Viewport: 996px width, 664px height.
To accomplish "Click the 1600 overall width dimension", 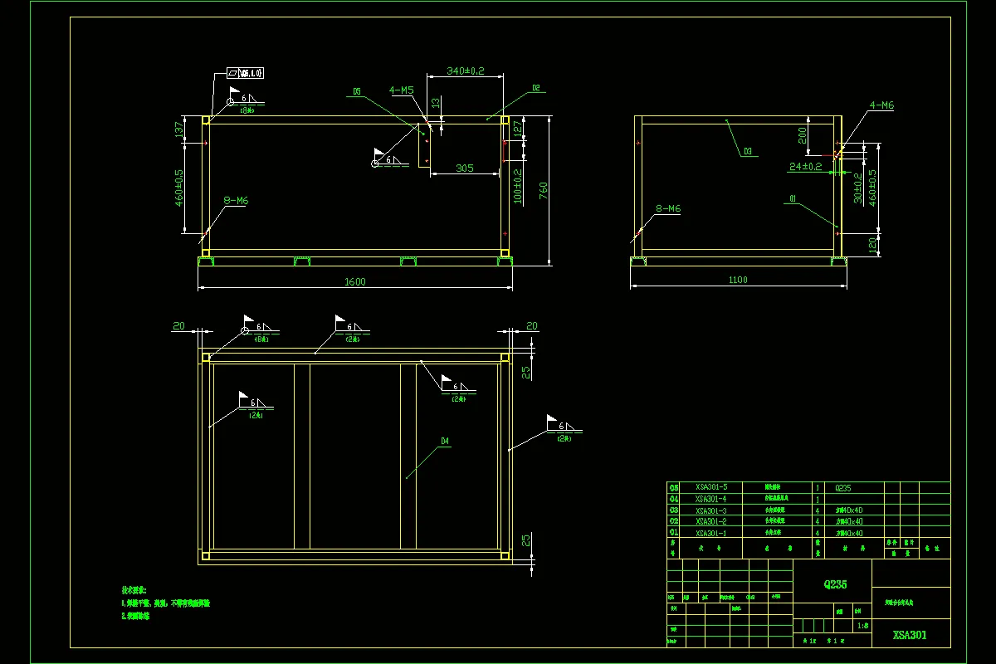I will [x=354, y=281].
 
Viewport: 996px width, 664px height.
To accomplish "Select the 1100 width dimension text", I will [x=738, y=280].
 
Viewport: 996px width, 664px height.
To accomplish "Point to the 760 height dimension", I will [x=544, y=190].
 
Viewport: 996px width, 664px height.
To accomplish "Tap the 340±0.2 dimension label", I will [x=465, y=71].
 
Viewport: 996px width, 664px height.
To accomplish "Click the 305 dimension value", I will [x=465, y=168].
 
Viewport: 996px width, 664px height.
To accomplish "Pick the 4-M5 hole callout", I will [x=402, y=90].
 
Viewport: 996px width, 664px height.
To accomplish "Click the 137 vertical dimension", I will [x=178, y=129].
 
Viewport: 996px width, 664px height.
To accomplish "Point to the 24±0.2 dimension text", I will [x=805, y=167].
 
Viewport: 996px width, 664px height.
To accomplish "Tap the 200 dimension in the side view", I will [x=802, y=136].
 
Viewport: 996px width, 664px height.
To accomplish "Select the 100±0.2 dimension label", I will [x=518, y=186].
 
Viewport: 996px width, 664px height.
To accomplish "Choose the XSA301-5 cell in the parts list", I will [x=711, y=487].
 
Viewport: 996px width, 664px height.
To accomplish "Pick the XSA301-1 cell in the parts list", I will [x=711, y=533].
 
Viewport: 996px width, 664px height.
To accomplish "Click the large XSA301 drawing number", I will [x=910, y=636].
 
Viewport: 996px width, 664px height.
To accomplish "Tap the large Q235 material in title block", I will [x=835, y=584].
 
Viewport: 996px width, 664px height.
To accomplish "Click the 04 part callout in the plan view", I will [x=445, y=442].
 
